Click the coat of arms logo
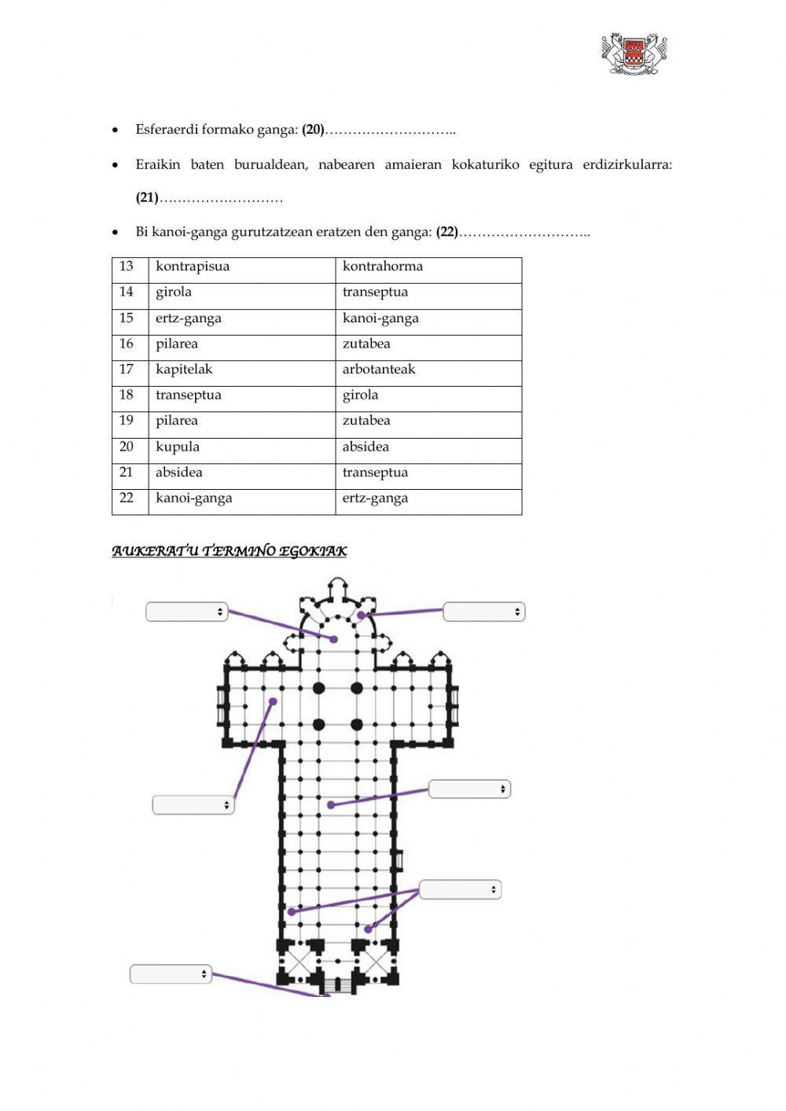[634, 53]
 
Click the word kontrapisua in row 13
[193, 267]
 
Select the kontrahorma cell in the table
[383, 267]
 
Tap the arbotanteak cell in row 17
[379, 370]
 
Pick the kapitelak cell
[184, 370]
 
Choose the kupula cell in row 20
[178, 447]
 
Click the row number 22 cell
[127, 498]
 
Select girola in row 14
[174, 292]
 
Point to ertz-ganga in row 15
[189, 318]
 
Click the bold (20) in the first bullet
[313, 130]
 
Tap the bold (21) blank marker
[147, 198]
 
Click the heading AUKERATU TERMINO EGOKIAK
[229, 551]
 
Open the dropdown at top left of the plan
[187, 612]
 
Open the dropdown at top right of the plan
[484, 612]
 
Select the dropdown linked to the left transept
[193, 804]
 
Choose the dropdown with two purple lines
[460, 889]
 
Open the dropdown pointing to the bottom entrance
[171, 974]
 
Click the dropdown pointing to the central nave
[469, 789]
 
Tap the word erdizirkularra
[627, 165]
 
